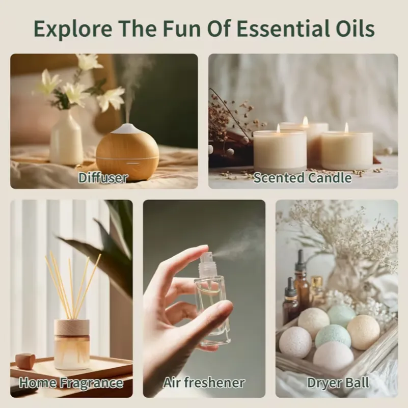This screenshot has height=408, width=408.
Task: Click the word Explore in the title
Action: point(73,29)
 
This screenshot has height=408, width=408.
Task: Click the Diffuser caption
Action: point(103,178)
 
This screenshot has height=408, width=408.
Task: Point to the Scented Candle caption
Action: point(303,178)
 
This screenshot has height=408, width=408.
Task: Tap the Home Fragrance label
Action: point(71,383)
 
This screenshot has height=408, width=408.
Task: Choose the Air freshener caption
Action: point(204,383)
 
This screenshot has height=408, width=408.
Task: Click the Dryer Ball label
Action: point(338,383)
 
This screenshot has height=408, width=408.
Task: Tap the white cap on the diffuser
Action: point(127,129)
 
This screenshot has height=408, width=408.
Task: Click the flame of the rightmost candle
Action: point(346,127)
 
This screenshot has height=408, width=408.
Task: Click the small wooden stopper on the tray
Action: point(25,361)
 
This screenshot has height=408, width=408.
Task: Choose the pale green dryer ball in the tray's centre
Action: point(333,336)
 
